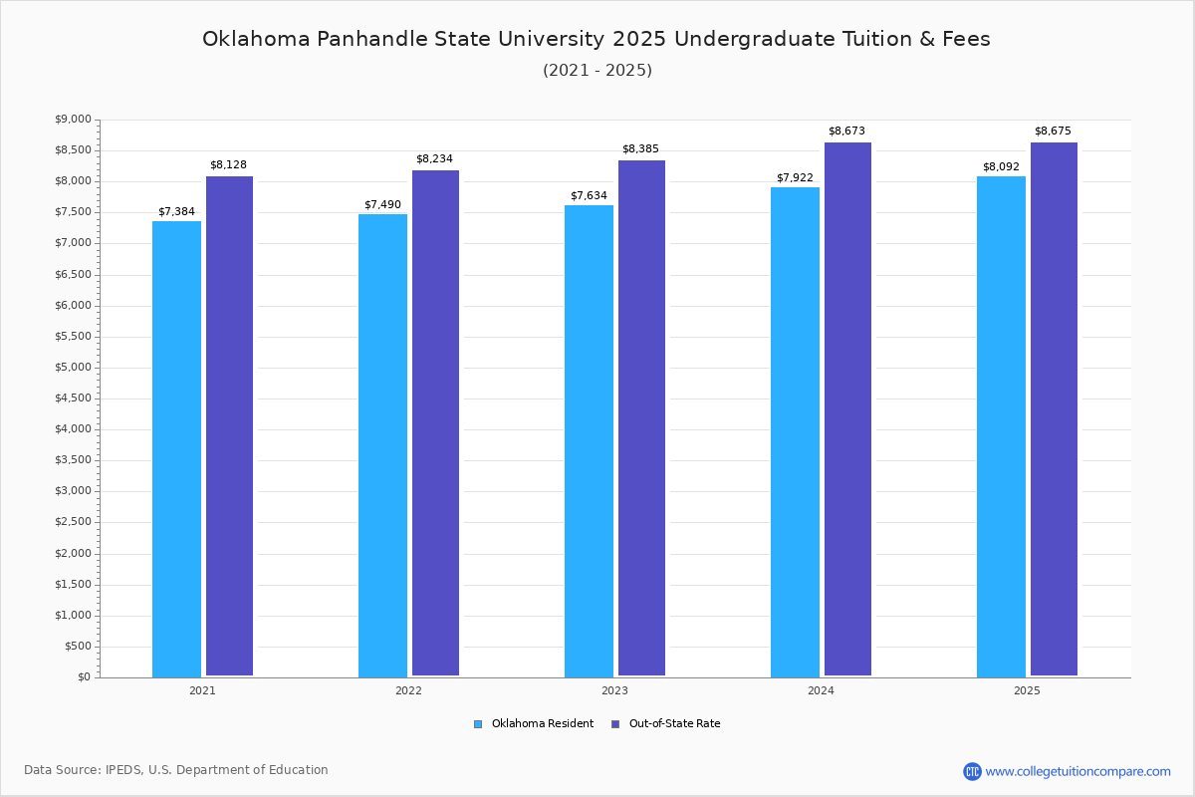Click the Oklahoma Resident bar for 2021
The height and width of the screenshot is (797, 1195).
click(x=176, y=448)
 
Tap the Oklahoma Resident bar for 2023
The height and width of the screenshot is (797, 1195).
click(x=589, y=440)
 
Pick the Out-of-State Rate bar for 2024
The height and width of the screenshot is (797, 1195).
click(x=847, y=409)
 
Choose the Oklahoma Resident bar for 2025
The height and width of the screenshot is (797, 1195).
click(x=1001, y=426)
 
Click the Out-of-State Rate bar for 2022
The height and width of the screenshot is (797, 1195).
click(x=435, y=423)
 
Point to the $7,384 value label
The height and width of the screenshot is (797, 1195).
click(x=176, y=212)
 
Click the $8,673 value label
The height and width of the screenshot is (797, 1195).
click(x=846, y=132)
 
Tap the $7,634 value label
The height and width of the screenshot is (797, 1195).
click(x=589, y=196)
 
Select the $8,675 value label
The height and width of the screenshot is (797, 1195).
click(x=1053, y=132)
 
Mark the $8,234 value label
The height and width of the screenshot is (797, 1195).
click(x=434, y=159)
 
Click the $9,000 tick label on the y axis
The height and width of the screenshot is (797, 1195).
click(x=72, y=120)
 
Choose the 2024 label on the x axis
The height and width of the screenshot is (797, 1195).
click(x=821, y=690)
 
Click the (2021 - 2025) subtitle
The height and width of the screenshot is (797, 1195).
click(x=597, y=71)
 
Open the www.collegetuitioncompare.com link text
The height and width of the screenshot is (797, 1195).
click(x=1077, y=771)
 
